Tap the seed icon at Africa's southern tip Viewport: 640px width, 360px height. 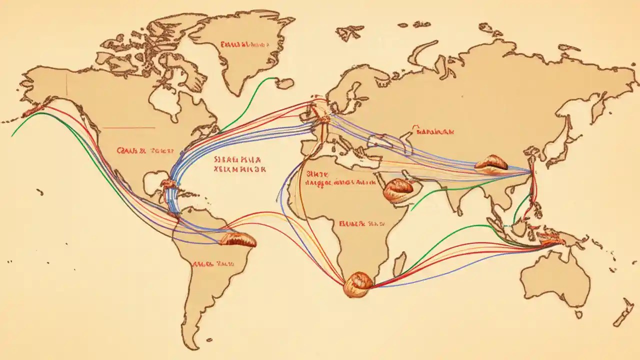click(x=357, y=284)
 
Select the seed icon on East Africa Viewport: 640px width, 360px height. click(x=398, y=189)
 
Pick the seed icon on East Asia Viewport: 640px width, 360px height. click(x=491, y=162)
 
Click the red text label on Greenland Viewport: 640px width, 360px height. click(x=243, y=44)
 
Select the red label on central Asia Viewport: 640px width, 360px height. click(x=434, y=132)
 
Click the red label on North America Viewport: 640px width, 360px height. click(x=145, y=149)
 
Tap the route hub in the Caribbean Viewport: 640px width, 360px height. click(x=168, y=184)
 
